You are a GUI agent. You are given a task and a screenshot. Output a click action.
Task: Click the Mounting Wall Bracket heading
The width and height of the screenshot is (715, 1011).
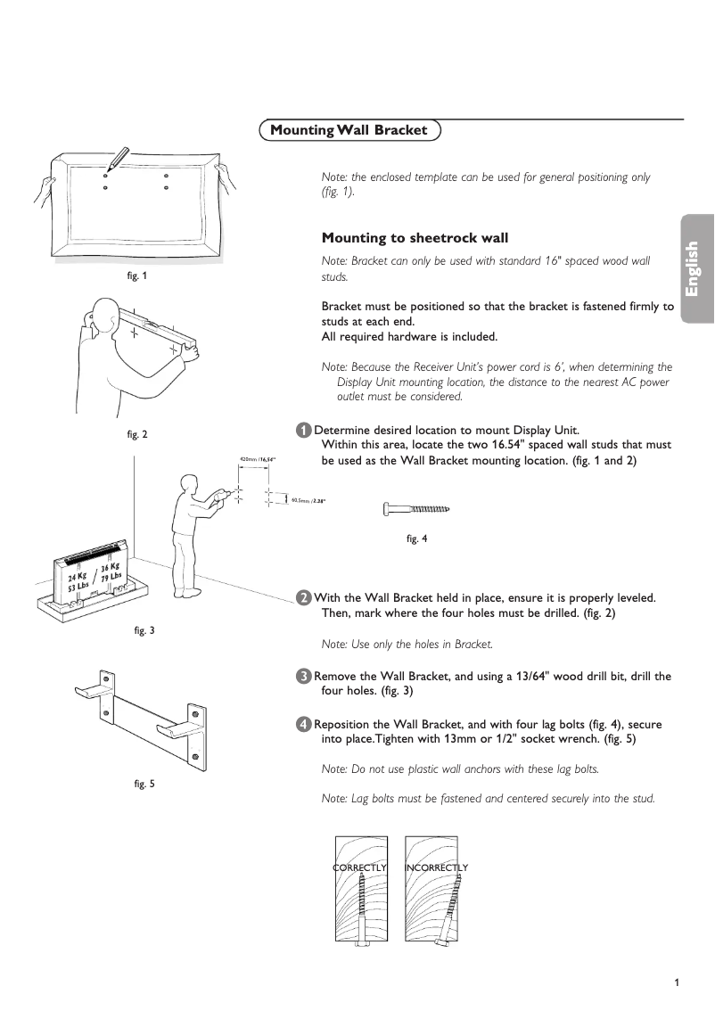pos(349,131)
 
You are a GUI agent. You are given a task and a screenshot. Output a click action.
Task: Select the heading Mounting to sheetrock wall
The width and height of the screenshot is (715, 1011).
pos(415,238)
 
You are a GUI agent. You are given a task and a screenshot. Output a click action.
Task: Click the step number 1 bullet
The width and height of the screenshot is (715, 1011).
pos(304,431)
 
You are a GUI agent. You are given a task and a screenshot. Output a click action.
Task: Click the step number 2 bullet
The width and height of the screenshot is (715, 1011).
pos(304,597)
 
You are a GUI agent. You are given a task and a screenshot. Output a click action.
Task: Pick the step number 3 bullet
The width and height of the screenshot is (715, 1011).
pos(304,676)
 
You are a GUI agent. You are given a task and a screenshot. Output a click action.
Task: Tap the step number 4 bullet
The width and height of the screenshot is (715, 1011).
pos(304,724)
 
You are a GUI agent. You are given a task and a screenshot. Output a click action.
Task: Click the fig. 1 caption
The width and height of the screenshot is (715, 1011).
pos(137,275)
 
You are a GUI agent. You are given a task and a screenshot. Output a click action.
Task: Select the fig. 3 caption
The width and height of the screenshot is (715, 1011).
pos(144,630)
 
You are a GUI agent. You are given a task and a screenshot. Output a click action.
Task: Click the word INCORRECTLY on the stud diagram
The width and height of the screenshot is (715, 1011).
pos(436,867)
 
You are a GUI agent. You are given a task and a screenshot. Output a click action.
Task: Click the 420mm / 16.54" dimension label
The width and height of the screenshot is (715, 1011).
pos(258,459)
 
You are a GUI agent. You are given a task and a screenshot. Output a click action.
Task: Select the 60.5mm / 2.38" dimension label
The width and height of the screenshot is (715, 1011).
pos(308,501)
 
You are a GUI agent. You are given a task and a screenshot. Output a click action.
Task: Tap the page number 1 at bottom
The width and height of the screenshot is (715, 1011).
pos(677,982)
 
